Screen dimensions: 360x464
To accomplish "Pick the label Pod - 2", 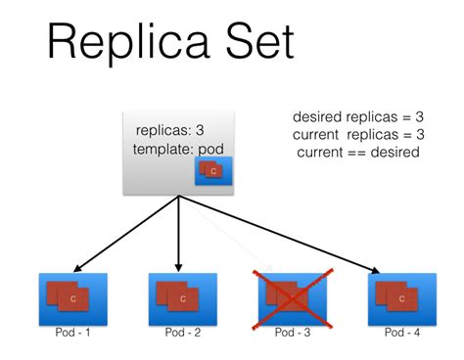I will (181, 333).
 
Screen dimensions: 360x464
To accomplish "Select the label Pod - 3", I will (291, 333).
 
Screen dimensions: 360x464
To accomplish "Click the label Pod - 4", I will (401, 333).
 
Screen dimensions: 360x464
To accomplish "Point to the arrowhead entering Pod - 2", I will (178, 266).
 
